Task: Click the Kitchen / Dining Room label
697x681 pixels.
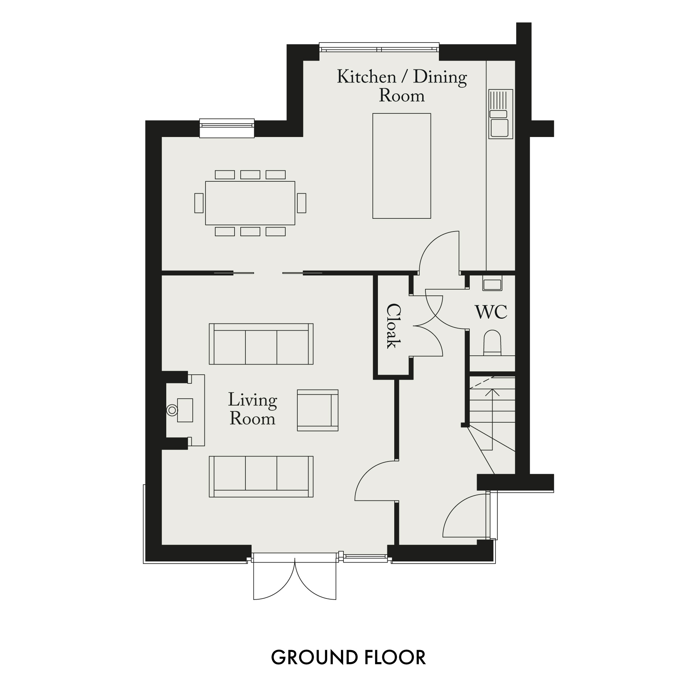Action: [x=402, y=86]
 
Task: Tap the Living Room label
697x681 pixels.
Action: [x=253, y=409]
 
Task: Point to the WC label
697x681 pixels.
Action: [x=491, y=312]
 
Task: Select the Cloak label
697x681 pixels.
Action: [x=393, y=326]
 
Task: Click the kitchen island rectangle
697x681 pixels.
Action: [x=402, y=166]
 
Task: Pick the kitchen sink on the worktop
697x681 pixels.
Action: [x=501, y=114]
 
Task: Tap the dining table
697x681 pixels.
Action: [x=250, y=203]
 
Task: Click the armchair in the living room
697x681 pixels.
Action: [x=318, y=410]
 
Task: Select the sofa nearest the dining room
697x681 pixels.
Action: [x=261, y=344]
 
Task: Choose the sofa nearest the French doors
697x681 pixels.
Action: [x=261, y=476]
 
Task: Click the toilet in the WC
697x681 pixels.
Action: [x=492, y=343]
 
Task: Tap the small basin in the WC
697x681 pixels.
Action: [x=492, y=283]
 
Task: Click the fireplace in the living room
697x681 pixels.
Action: [x=185, y=410]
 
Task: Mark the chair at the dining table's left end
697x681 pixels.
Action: [x=199, y=203]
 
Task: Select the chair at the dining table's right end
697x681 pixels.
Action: [x=301, y=203]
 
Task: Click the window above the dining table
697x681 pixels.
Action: [x=227, y=128]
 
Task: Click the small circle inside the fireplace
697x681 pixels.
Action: [x=172, y=411]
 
